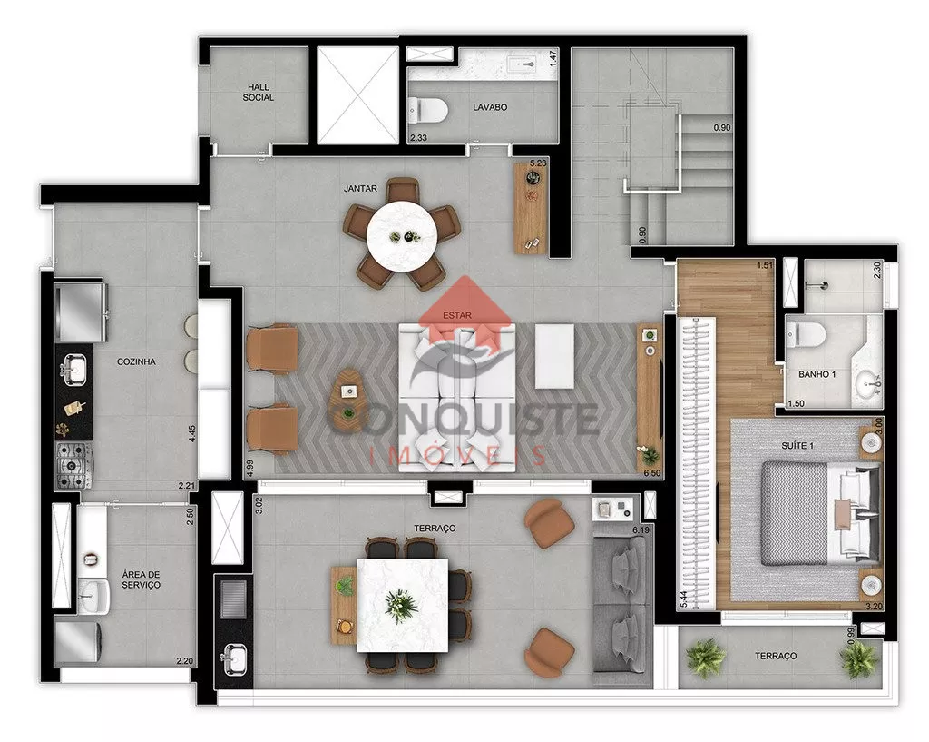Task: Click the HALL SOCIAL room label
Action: click(259, 92)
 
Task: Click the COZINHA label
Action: click(136, 361)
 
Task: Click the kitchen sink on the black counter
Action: click(73, 369)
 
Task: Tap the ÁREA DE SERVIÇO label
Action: click(141, 579)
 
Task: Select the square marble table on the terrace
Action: click(402, 605)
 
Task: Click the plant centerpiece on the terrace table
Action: click(401, 606)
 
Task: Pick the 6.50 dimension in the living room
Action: click(651, 473)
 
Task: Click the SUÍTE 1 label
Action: click(797, 445)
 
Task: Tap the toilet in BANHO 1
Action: click(806, 334)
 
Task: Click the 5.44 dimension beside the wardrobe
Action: click(684, 599)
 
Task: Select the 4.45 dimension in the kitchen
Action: click(192, 433)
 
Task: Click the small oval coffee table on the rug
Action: click(349, 392)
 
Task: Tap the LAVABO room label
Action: click(490, 107)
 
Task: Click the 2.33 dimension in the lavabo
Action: click(418, 138)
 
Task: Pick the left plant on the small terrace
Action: click(705, 658)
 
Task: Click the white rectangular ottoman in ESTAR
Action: click(554, 356)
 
